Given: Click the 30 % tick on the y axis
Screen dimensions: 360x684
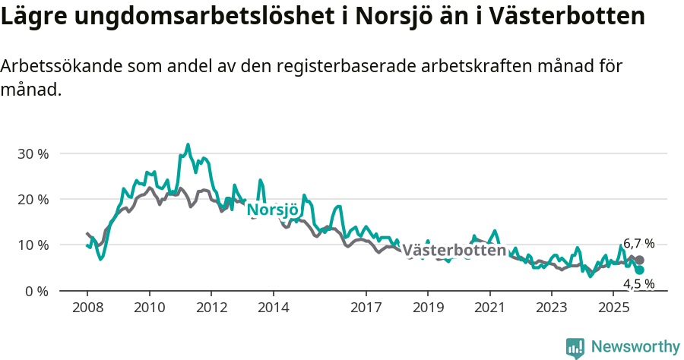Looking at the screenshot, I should click(33, 153).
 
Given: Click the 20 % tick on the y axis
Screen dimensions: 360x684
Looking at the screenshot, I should click(33, 199).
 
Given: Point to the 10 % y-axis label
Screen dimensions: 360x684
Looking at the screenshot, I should click(33, 245).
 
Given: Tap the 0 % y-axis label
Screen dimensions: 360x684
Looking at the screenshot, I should click(36, 291).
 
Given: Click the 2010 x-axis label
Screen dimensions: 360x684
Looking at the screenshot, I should click(149, 308).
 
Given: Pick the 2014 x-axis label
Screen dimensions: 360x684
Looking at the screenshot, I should click(273, 308).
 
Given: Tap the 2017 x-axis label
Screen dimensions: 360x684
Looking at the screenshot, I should click(366, 308).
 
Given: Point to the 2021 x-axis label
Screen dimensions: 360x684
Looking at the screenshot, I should click(489, 308).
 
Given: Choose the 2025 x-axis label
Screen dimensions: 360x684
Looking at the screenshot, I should click(613, 308).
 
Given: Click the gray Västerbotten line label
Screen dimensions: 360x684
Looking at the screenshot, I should click(454, 251).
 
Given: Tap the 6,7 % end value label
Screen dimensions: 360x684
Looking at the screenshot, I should click(638, 244).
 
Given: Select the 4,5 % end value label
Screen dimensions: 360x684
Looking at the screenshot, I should click(638, 283).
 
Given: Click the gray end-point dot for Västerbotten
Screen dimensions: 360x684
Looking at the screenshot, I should click(639, 260).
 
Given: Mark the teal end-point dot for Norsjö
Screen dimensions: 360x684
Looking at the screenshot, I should click(639, 270).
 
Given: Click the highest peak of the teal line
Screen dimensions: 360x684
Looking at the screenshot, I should click(188, 144).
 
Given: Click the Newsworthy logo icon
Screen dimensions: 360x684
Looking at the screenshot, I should click(575, 348).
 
